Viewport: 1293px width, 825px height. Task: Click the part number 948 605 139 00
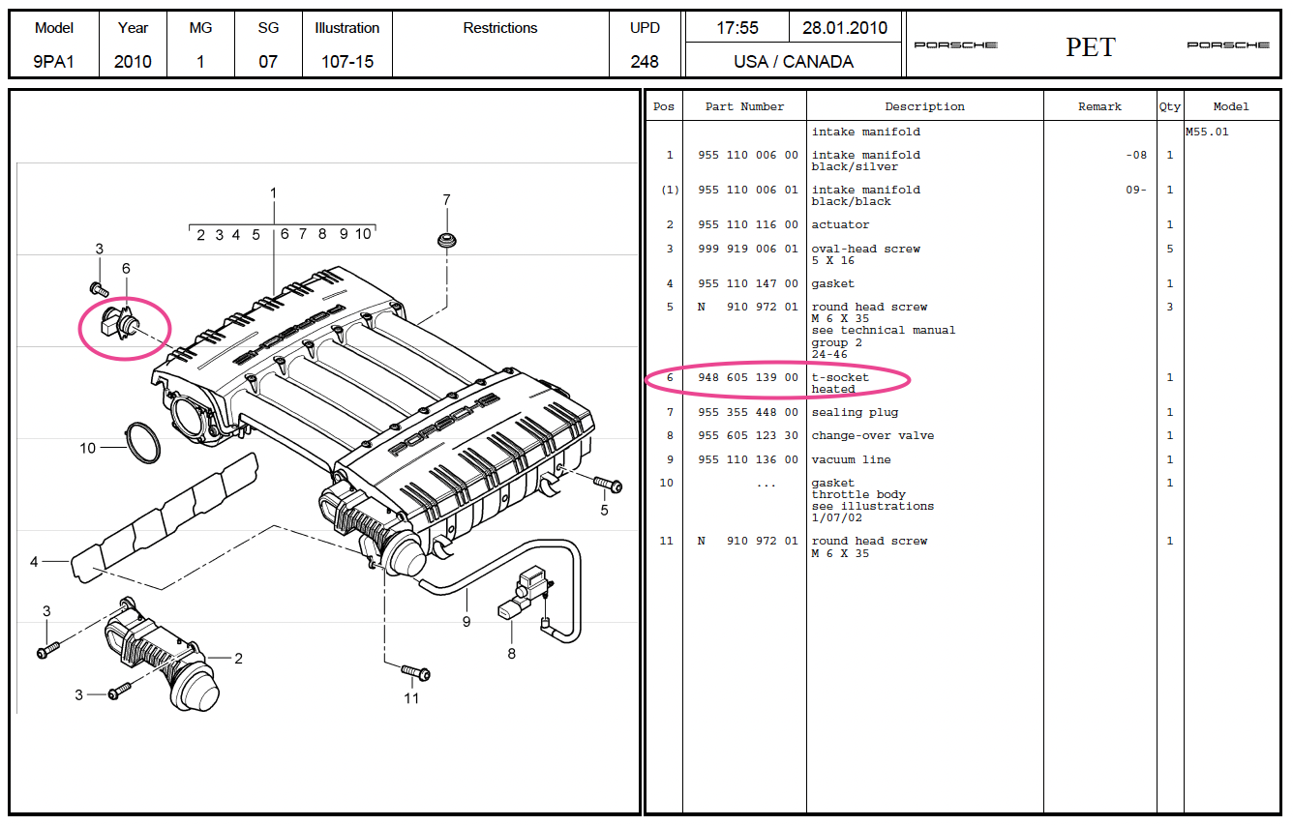click(747, 377)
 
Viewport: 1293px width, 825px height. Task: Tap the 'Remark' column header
click(1099, 106)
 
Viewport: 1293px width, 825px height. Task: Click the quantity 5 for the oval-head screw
click(1169, 250)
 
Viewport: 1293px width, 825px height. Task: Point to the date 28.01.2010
click(845, 28)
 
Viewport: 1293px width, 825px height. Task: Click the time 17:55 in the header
click(737, 28)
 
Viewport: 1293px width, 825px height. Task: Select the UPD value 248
click(645, 62)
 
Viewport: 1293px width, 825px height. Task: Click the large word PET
click(1091, 46)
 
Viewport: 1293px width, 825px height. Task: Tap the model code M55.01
click(1207, 133)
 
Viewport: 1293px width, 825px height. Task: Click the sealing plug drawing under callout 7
click(447, 240)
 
